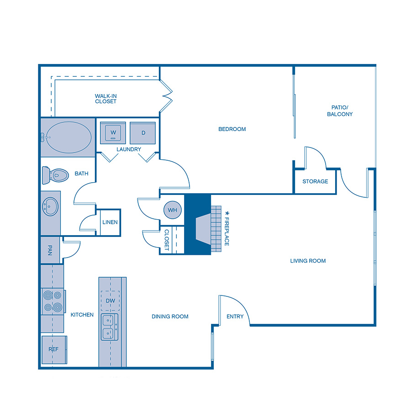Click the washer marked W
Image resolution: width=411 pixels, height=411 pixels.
pos(112,133)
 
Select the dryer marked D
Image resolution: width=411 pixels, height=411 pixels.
pos(143,133)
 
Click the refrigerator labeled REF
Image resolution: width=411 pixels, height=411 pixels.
pos(54,349)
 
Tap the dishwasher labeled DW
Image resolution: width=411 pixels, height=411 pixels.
pos(110,301)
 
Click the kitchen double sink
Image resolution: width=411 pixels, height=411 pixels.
pos(109,327)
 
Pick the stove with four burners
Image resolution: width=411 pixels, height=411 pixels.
pos(53,301)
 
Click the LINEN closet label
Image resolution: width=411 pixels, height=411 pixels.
pos(110,222)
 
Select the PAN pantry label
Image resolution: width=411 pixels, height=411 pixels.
pos(50,250)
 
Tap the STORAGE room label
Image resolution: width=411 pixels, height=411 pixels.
pos(315,181)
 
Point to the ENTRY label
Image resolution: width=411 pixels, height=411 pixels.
pos(235,316)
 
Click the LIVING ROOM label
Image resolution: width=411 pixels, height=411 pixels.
pos(308,261)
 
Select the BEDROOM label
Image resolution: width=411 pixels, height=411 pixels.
pos(232,129)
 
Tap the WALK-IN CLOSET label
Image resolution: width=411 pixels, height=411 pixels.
pos(105,99)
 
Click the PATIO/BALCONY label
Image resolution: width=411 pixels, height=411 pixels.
pos(340,111)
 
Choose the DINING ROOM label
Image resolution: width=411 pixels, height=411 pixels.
pos(170,316)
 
